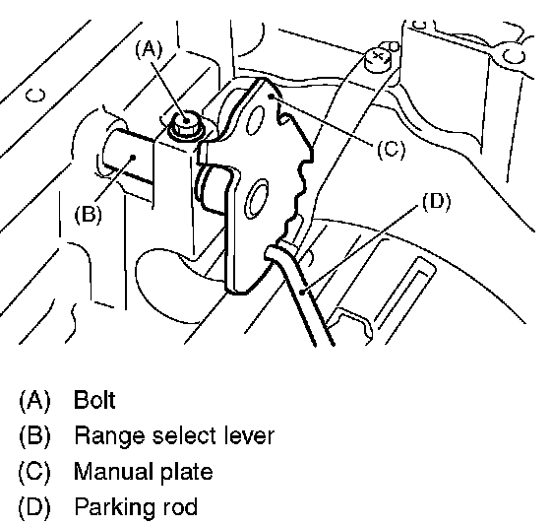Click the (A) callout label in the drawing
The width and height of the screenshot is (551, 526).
point(149,49)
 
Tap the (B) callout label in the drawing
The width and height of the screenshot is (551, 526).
point(88,214)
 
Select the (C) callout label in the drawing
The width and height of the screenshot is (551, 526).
point(392,149)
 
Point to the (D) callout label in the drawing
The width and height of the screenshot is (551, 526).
point(436,202)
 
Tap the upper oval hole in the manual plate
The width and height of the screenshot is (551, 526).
point(255,121)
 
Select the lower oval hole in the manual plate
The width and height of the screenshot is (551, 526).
point(257,199)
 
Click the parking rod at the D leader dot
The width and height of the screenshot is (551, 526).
point(302,292)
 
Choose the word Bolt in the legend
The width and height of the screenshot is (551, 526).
point(94,400)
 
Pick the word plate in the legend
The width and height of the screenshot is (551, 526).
point(187,472)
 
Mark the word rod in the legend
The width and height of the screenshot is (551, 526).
point(179,506)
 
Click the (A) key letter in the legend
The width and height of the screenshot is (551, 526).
point(34,400)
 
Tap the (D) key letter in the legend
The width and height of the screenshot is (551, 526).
point(34,506)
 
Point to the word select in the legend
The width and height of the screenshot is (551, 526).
point(185,435)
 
